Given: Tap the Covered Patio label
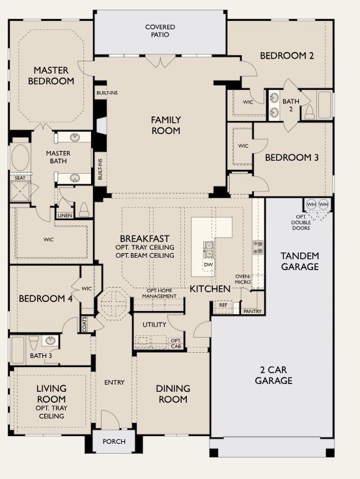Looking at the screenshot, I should [x=159, y=31].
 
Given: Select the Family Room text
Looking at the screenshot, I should [x=165, y=125].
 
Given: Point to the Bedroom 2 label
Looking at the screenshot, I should [x=287, y=56].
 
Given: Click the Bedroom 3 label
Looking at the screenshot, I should [x=291, y=157].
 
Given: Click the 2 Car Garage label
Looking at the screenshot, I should [x=273, y=375].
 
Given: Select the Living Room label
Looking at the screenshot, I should [x=51, y=402].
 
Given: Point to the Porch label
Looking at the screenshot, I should [x=114, y=441].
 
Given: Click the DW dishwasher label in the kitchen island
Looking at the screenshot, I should [x=208, y=265].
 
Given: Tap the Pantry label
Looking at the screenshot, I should [x=252, y=311].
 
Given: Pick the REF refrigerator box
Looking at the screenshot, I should [x=223, y=305].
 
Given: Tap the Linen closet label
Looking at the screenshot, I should [x=64, y=215].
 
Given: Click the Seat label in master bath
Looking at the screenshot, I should [x=20, y=177].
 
